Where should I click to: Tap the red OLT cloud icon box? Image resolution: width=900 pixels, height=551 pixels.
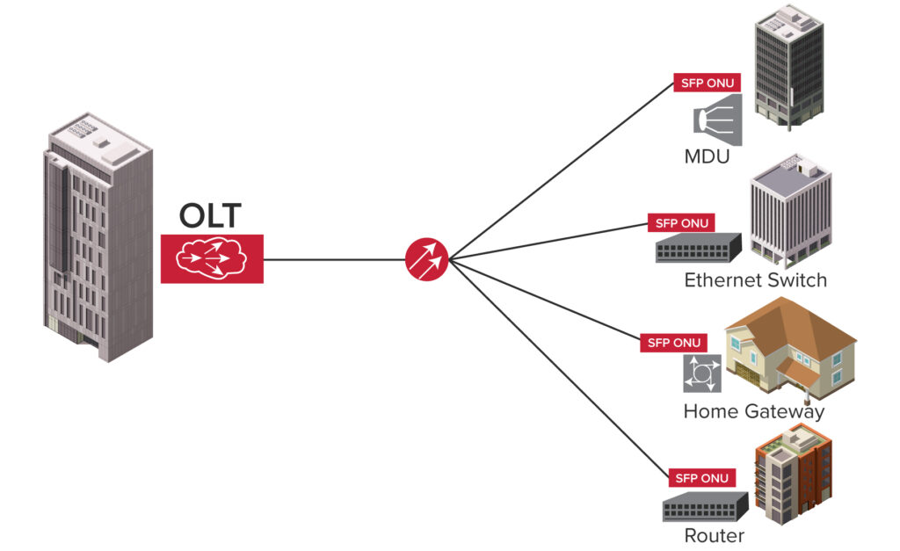coord(212,258)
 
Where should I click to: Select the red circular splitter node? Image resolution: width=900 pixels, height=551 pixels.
coord(427,259)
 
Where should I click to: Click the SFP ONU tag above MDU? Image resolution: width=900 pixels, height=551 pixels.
coord(707,83)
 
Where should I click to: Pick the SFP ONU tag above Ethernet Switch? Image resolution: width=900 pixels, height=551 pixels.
coord(681,223)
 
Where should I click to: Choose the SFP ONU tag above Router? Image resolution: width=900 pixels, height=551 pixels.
coord(700,479)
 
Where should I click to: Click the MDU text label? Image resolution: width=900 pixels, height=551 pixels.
coord(708,158)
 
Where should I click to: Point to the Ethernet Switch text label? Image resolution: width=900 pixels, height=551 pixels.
coord(755,281)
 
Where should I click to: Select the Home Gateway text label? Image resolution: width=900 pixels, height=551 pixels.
coord(753,411)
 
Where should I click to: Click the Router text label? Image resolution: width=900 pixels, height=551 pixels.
coord(714,536)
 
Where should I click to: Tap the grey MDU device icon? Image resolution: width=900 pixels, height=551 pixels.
coord(718,124)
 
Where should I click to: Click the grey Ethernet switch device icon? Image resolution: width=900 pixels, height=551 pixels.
coord(698,250)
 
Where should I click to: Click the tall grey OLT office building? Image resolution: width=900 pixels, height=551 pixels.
coord(97,237)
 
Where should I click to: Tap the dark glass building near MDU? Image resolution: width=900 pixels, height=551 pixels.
coord(788,66)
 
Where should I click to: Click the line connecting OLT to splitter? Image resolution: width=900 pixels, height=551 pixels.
coord(334,259)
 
